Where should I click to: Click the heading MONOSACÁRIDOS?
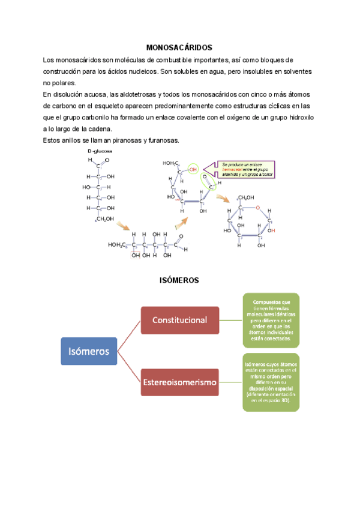tap(179, 47)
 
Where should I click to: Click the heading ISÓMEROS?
tap(179, 280)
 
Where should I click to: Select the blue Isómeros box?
tap(89, 351)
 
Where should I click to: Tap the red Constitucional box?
tap(180, 320)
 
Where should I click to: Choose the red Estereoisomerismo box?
tap(180, 382)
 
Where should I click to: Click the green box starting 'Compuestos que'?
tap(271, 321)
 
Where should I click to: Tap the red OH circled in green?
tap(193, 170)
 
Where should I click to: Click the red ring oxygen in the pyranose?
tap(257, 208)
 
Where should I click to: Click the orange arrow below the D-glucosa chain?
tap(123, 226)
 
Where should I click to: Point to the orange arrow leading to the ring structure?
tap(223, 198)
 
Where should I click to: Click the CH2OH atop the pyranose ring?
tap(247, 197)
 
